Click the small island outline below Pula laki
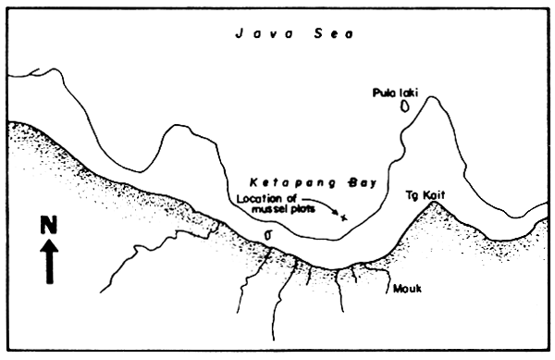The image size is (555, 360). coord(404,106)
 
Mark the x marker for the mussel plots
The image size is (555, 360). coord(344,218)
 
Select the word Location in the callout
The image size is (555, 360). coord(257,199)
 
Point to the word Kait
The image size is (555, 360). coord(431,195)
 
